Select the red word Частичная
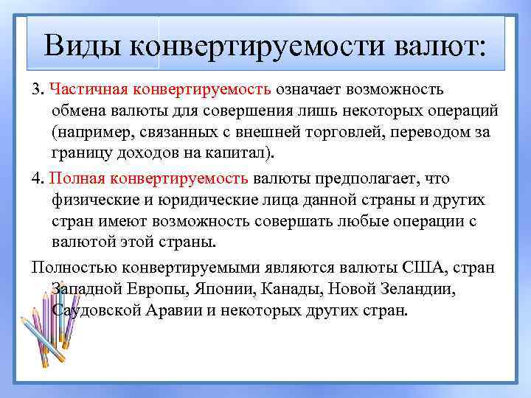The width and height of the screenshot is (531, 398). pyautogui.click(x=83, y=89)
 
